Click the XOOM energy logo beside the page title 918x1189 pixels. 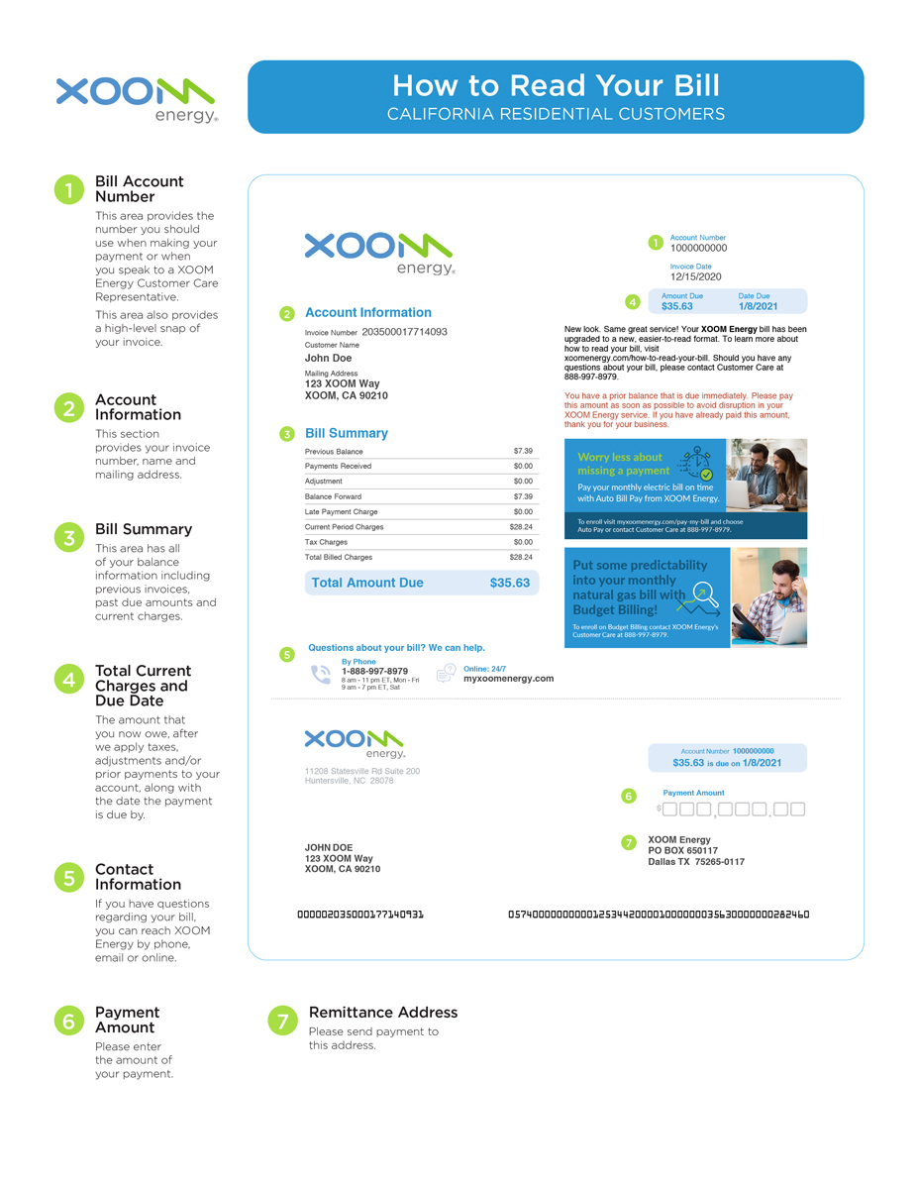(136, 99)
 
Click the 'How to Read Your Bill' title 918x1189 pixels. (555, 85)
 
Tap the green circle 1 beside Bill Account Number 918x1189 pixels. (68, 189)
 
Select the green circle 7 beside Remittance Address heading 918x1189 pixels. (282, 1020)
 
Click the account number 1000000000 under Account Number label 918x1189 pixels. (698, 249)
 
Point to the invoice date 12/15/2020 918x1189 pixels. (696, 277)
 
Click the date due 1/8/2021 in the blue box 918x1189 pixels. (758, 306)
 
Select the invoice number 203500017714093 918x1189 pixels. (404, 332)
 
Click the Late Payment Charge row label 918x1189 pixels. (341, 512)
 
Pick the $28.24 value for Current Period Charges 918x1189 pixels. (521, 527)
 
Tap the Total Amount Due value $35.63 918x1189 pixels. (509, 583)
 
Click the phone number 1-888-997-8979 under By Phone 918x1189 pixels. (374, 671)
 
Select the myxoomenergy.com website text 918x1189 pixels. (508, 679)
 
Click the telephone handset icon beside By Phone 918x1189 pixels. (321, 675)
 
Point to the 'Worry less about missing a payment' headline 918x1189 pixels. (620, 464)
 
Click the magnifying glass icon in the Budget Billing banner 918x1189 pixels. (705, 593)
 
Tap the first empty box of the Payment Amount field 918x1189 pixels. (669, 810)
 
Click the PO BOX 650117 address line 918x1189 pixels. (682, 851)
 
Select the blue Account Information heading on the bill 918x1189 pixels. (367, 312)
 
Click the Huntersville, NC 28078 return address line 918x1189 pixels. (349, 781)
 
